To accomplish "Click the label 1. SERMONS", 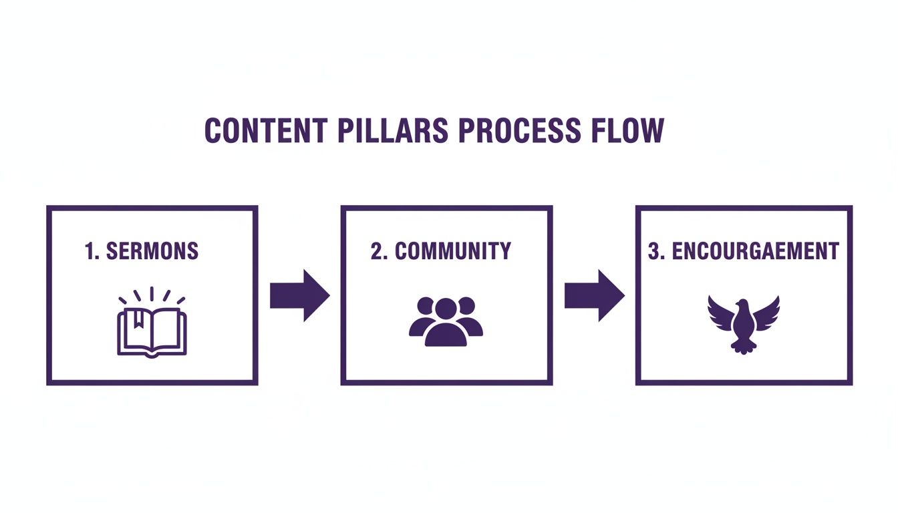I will point(142,251).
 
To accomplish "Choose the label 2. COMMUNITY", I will point(440,251).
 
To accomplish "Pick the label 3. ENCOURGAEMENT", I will point(743,251).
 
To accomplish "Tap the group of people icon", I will point(446,321).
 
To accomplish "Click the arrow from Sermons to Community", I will point(299,295).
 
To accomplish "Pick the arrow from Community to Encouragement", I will point(594,295).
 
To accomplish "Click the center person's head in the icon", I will point(446,309).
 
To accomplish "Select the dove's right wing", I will point(766,313).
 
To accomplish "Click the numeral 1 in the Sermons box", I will point(90,251).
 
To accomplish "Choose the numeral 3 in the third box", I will point(653,251).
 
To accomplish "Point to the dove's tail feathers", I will point(743,345).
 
